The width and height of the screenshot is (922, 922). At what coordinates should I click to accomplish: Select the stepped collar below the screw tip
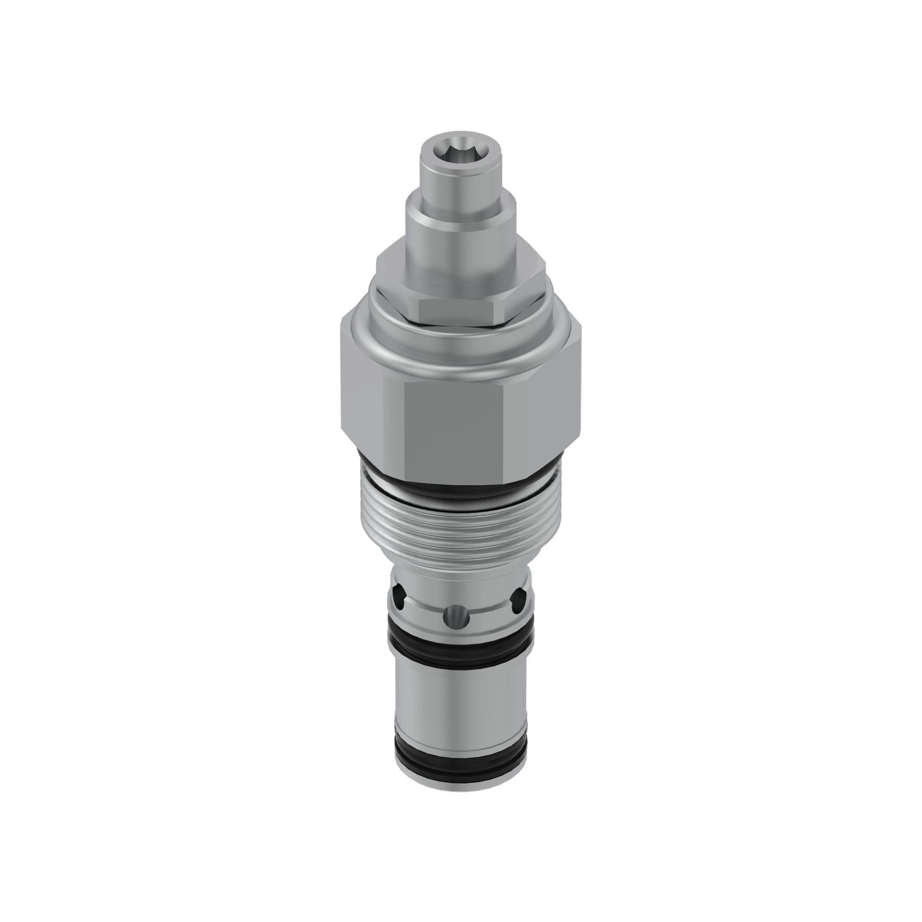461,225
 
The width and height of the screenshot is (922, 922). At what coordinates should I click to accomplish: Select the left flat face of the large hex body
372,406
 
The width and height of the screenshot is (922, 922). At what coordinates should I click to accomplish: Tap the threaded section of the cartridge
461,525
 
